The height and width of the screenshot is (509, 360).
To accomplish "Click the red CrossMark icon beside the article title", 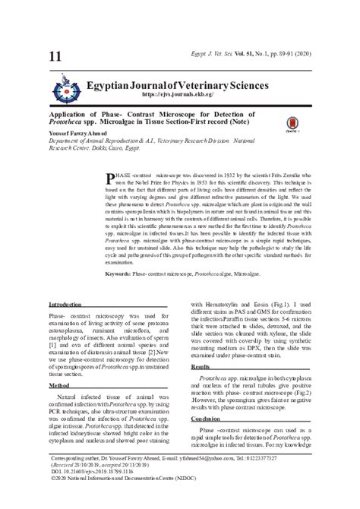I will coord(292,124).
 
